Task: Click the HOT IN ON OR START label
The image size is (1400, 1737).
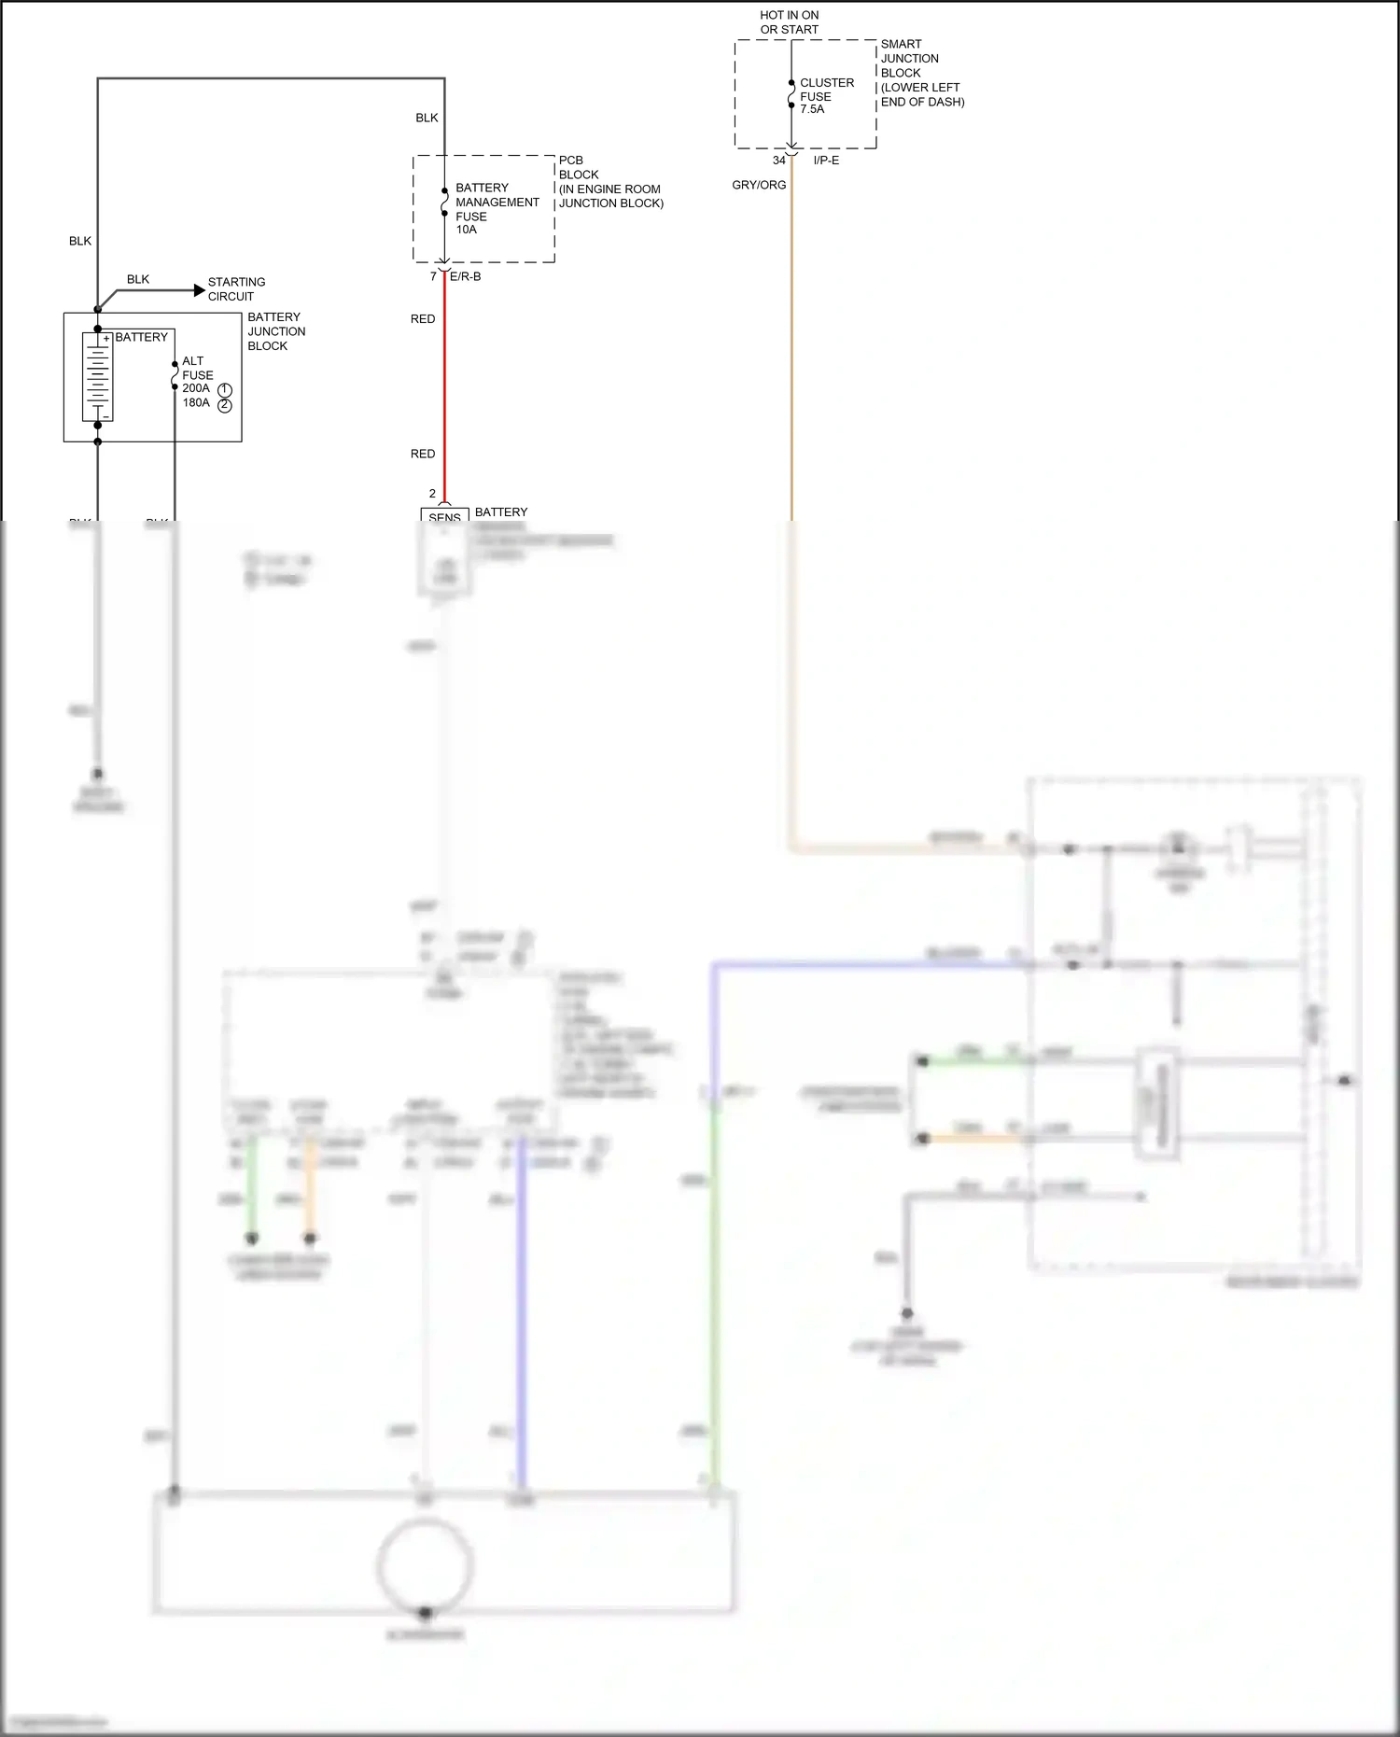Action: pos(789,22)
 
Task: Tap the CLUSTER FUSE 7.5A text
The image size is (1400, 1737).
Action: pos(826,96)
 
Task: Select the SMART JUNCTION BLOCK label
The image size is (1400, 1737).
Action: pos(921,73)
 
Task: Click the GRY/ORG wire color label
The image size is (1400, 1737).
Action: pos(759,185)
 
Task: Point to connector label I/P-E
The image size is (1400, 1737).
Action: pos(826,161)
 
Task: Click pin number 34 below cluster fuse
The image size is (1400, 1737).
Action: pos(778,161)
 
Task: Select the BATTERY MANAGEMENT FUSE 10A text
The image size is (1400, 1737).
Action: pos(496,208)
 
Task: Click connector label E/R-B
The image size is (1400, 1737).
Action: pos(466,277)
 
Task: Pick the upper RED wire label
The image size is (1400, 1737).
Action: pos(423,319)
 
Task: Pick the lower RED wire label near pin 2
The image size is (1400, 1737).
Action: pos(423,455)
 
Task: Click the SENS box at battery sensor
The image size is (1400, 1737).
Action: pos(444,516)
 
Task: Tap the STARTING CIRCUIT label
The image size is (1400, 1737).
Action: pos(236,289)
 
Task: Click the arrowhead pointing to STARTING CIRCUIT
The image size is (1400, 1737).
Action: pos(199,290)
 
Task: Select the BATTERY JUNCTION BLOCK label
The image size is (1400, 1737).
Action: pos(275,331)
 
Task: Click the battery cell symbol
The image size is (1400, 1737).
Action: pos(97,376)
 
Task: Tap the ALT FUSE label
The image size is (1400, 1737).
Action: pos(197,368)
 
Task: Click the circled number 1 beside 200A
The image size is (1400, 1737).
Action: pos(225,390)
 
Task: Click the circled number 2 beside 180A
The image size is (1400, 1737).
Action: pos(225,405)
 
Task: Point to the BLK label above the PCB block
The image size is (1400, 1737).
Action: pos(427,118)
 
